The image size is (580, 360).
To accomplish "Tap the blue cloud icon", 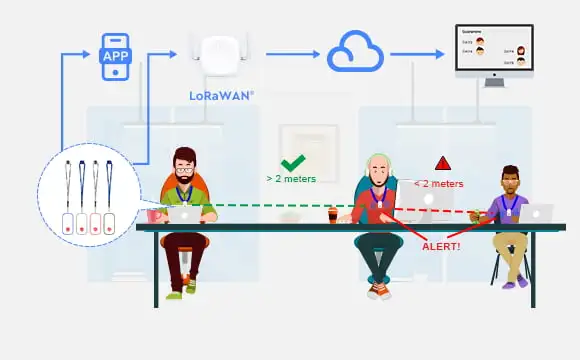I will (x=356, y=52).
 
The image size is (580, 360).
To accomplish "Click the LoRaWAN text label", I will (x=221, y=97).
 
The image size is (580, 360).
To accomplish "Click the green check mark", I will (x=292, y=163).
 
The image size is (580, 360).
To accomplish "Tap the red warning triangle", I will (x=442, y=163).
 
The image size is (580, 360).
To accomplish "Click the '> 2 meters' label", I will (x=291, y=179).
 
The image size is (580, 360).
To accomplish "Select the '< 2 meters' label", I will (x=438, y=184).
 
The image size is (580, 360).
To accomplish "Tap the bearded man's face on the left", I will (x=184, y=164).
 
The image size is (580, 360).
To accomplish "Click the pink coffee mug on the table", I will (x=154, y=215).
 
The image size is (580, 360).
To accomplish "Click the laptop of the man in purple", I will (x=536, y=212).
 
